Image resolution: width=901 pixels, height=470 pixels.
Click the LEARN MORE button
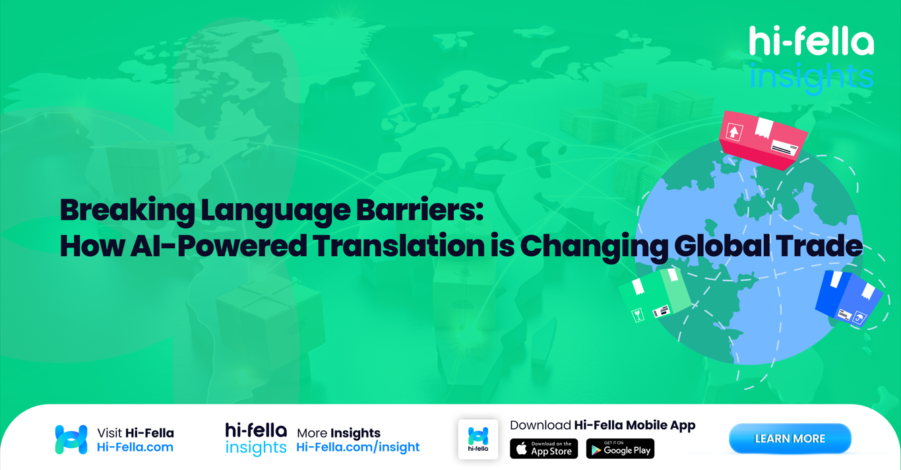point(790,439)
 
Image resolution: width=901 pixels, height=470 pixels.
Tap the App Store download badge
point(544,449)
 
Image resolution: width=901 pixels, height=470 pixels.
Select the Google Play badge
point(620,449)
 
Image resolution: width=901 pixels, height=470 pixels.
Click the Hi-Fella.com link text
point(135,448)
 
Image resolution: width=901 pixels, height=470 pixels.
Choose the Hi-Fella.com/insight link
point(357,448)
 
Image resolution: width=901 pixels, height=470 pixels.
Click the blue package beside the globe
point(848,298)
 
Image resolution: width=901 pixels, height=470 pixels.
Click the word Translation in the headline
point(398,246)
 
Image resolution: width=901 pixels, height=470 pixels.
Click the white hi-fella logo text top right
point(811,42)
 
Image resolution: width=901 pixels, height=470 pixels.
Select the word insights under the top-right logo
point(811,76)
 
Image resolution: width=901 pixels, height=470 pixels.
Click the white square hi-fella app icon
point(478,439)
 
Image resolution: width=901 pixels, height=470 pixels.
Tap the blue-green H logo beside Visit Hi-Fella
point(71,440)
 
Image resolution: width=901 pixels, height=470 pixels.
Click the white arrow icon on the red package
point(734,132)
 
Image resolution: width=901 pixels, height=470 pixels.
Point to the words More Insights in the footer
point(338,433)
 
